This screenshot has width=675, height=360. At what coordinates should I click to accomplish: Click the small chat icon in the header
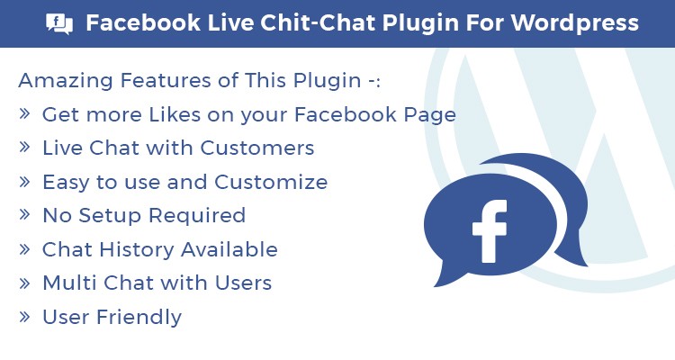(x=59, y=23)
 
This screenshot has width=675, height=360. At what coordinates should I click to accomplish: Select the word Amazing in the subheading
(x=67, y=80)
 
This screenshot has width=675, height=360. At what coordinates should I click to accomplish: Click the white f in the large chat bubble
(x=490, y=231)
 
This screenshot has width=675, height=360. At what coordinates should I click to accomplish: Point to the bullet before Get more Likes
(x=24, y=113)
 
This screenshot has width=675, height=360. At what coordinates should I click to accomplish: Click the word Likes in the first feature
(x=175, y=114)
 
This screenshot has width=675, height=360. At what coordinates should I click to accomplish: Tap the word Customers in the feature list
(x=257, y=148)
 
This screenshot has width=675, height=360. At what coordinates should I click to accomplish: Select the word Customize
(x=271, y=182)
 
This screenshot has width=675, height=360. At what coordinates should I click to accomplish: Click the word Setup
(x=110, y=216)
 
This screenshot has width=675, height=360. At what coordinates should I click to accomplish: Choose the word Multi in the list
(x=69, y=283)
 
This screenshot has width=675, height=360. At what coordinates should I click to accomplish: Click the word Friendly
(x=139, y=318)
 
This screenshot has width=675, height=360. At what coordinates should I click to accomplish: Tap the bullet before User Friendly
(x=24, y=317)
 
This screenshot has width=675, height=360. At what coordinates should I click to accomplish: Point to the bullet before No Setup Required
(x=24, y=215)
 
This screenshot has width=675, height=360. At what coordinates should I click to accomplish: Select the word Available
(x=229, y=249)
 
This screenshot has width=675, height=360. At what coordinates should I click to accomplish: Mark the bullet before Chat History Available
(x=24, y=248)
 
